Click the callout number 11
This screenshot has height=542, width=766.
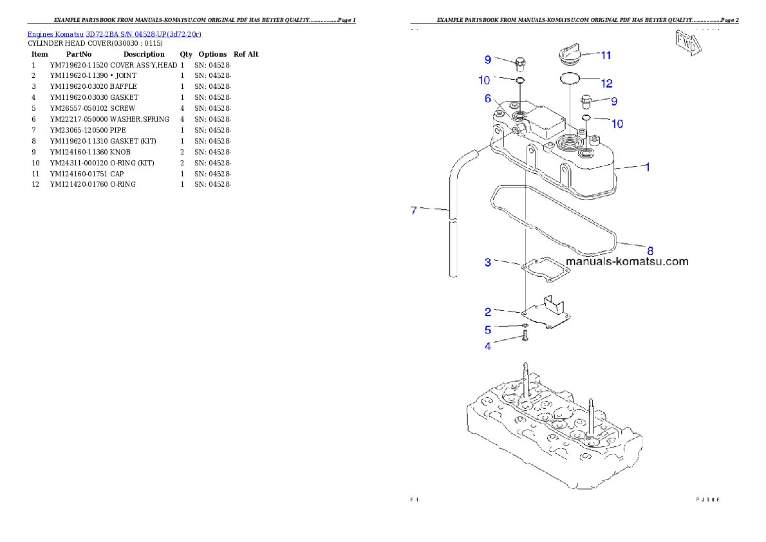[x=606, y=55]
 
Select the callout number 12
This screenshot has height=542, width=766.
[x=606, y=83]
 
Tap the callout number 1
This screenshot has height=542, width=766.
[x=647, y=167]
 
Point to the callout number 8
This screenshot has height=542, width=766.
[x=649, y=250]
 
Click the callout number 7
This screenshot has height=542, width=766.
[x=414, y=210]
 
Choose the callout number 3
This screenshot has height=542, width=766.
[x=488, y=262]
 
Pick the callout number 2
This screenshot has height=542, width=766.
[x=488, y=312]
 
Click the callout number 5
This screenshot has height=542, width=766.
[x=488, y=330]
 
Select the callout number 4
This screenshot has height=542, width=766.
[x=488, y=346]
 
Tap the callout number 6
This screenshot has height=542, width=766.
[x=488, y=98]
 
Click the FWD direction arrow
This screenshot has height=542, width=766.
[x=687, y=42]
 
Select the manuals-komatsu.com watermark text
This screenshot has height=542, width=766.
[x=627, y=261]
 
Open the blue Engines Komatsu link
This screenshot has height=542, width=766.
[x=114, y=33]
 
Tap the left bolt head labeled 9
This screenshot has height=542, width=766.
[x=520, y=63]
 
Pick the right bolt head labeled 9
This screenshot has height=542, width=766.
[x=586, y=101]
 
